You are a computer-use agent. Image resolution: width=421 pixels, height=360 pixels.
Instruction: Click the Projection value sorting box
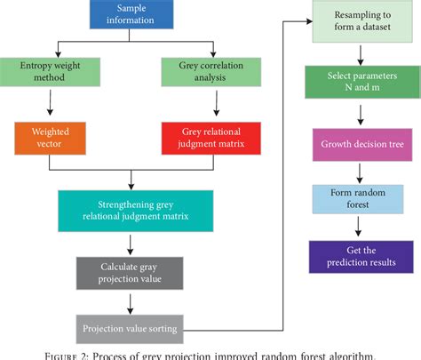[x=130, y=330]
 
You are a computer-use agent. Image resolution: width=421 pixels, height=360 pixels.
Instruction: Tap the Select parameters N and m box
[x=360, y=83]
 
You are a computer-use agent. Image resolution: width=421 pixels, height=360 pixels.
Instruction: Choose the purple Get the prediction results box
[x=360, y=257]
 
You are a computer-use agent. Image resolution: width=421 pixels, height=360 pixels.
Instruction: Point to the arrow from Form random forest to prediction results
[x=360, y=228]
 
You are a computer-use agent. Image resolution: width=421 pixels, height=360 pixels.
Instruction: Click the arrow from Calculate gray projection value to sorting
[x=130, y=302]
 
